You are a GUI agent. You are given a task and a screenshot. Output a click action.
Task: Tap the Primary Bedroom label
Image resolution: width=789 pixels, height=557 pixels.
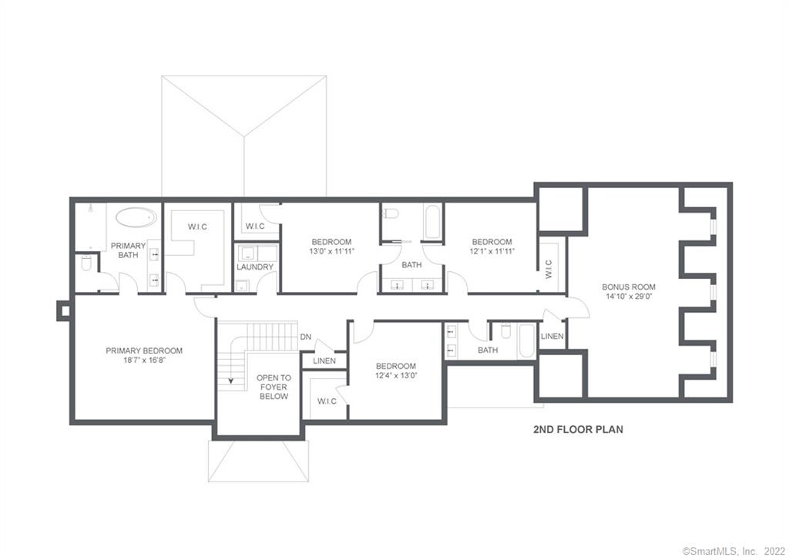144,355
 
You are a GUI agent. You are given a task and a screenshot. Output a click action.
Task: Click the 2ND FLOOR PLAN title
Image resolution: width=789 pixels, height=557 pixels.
578,430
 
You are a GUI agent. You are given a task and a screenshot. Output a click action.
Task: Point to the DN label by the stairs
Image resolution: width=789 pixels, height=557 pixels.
306,337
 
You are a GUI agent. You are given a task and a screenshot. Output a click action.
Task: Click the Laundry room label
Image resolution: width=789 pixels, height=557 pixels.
255,267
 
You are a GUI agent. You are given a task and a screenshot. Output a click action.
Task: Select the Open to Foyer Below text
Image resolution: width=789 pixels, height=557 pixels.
274,387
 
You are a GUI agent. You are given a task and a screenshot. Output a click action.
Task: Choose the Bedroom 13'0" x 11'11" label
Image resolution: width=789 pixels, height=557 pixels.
331,246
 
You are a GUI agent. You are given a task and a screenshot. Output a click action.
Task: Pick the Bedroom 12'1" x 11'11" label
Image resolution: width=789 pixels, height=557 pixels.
492,246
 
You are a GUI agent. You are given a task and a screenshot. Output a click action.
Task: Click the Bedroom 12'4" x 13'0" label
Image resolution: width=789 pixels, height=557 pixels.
396,371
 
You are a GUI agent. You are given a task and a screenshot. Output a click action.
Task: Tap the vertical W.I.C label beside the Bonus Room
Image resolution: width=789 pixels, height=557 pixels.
549,269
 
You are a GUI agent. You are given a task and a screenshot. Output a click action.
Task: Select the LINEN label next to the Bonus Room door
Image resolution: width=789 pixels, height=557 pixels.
552,337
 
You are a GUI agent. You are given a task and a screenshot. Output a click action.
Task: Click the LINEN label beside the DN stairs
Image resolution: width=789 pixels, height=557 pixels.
324,361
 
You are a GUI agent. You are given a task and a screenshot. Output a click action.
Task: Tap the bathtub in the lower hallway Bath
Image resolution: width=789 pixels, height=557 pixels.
526,341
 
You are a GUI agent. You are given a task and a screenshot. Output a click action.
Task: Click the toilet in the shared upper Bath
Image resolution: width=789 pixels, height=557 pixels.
390,215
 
